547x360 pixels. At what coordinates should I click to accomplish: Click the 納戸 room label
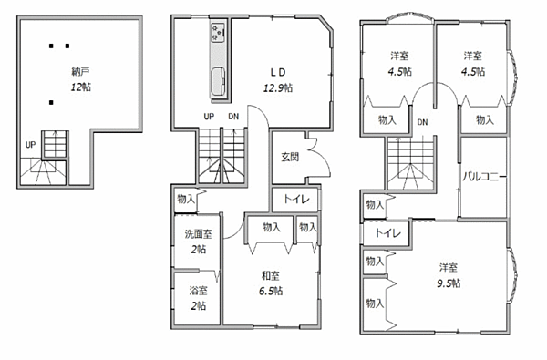[80, 71]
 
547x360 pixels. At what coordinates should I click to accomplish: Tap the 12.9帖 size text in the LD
[278, 87]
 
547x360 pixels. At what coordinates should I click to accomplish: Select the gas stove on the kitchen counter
[218, 33]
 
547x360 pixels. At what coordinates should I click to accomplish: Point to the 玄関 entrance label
[290, 157]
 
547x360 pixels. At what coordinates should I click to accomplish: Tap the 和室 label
[271, 275]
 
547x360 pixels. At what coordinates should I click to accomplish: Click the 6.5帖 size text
[271, 291]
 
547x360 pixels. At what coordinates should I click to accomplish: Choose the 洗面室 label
[198, 233]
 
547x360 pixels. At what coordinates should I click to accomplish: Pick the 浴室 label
[198, 290]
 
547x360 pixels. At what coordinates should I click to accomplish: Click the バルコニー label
[484, 177]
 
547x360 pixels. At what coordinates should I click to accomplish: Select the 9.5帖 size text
[449, 283]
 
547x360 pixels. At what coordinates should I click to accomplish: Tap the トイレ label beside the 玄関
[296, 200]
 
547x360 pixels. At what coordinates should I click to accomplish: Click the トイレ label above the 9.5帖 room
[388, 232]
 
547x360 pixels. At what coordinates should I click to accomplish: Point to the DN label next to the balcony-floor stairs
[422, 122]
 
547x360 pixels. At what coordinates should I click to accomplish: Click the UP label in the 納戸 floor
[30, 144]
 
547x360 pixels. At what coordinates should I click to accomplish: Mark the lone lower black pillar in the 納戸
[51, 103]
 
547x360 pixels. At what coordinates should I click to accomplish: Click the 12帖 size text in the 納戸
[81, 87]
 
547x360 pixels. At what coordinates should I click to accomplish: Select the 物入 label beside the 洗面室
[186, 199]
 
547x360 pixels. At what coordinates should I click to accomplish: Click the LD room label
[278, 72]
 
